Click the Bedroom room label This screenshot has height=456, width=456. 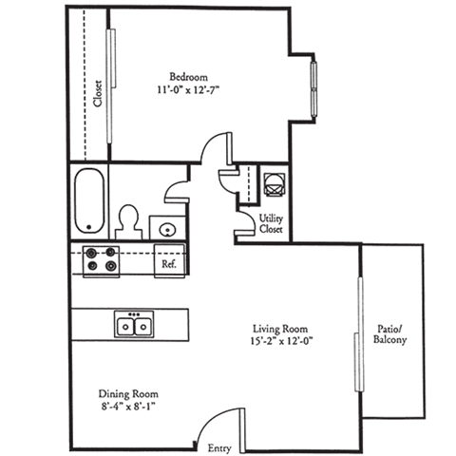tap(188, 76)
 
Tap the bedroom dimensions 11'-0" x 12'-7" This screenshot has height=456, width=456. tap(188, 90)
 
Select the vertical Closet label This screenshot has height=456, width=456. tap(98, 93)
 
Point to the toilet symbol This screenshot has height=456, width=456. tap(127, 221)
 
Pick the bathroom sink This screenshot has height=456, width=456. tap(166, 228)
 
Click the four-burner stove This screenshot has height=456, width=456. tap(100, 260)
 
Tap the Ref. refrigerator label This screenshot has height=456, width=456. tap(169, 265)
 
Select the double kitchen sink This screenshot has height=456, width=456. tap(134, 326)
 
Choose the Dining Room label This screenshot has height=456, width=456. tap(129, 393)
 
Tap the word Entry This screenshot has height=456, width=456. tap(218, 447)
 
